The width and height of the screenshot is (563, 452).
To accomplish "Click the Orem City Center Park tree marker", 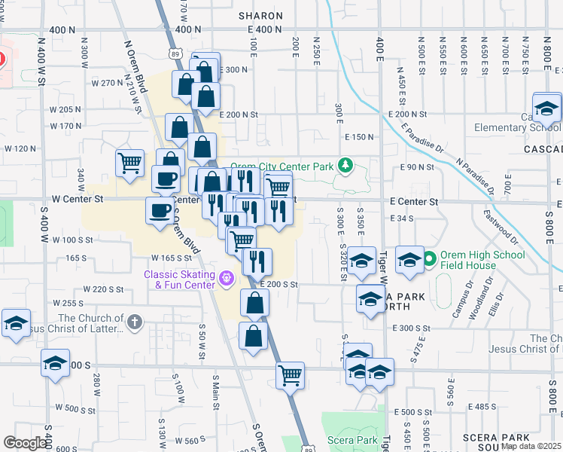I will click(345, 165).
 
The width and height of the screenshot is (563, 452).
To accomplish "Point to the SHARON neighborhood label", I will click(260, 15).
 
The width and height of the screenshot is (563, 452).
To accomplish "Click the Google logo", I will click(25, 443).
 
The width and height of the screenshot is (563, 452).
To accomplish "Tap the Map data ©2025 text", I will click(531, 446).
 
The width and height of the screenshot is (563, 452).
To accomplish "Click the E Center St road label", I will click(414, 202).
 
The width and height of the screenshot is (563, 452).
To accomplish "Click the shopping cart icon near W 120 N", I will click(130, 162).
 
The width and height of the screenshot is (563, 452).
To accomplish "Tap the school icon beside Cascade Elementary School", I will click(547, 108).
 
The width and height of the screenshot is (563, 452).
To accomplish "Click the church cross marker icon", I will click(135, 323).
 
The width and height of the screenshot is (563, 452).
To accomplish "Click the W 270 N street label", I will click(107, 83).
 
